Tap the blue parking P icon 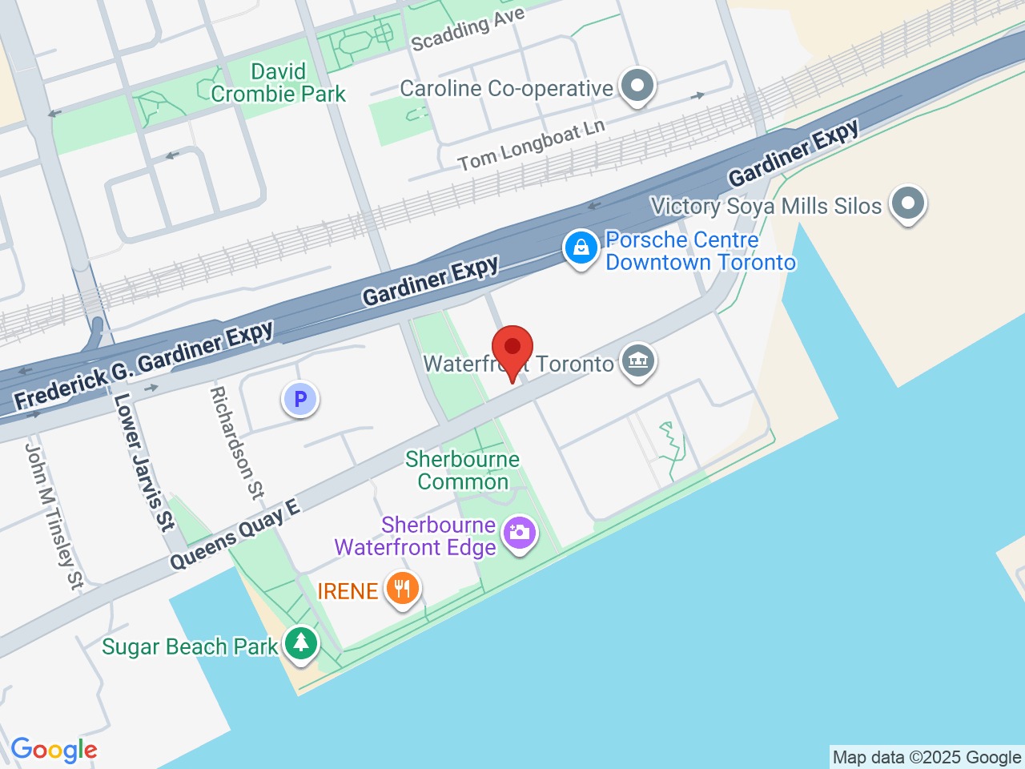tap(300, 399)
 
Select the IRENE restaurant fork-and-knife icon tap(402, 589)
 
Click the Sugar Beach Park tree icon tap(301, 642)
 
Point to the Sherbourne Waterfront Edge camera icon tap(520, 533)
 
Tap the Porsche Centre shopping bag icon tap(581, 248)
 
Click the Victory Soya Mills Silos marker tap(907, 203)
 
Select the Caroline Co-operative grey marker tap(637, 85)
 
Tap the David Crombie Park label tap(278, 83)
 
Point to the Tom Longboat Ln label tap(531, 146)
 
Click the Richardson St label tap(236, 442)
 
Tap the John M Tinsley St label tap(54, 516)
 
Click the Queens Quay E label tap(235, 534)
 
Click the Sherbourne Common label tap(462, 470)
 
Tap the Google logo tap(54, 751)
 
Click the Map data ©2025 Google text tap(927, 757)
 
